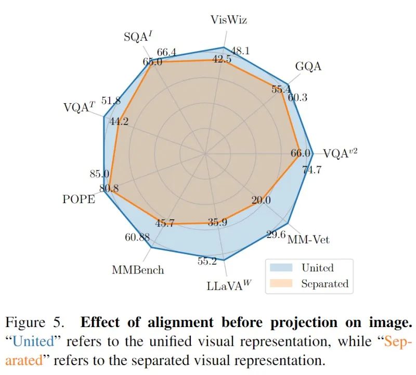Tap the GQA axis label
308,67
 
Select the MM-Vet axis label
308,240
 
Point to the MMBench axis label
138,270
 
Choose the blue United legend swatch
281,268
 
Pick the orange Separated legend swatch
281,284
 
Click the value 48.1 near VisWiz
240,51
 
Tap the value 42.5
222,59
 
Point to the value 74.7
311,169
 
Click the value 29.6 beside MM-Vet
276,235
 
